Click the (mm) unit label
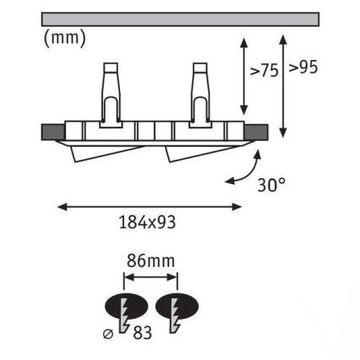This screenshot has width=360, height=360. coord(64,38)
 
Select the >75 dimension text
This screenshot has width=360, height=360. coord(265,70)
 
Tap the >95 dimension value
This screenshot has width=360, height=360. coord(303,67)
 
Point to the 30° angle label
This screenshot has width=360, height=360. coord(271,185)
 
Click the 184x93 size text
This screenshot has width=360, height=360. coord(148,222)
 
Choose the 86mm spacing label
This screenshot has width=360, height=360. coord(150,261)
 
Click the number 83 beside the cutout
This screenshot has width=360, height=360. coord(143,332)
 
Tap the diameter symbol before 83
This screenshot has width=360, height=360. coord(108,335)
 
